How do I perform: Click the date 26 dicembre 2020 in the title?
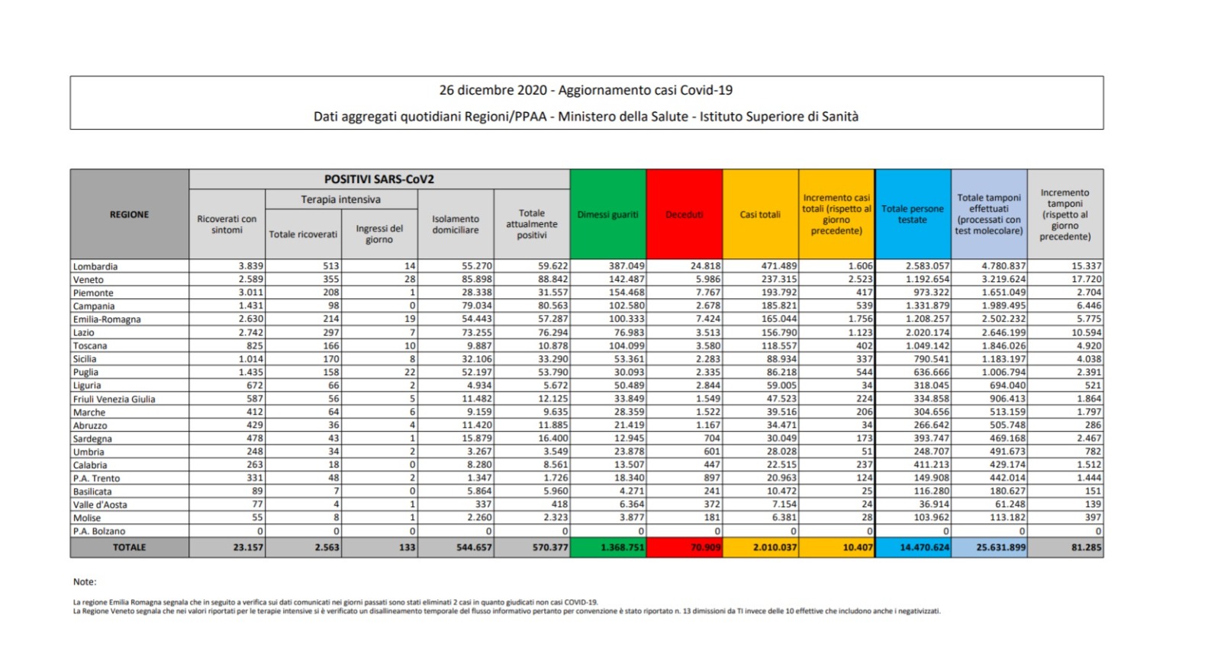pos(493,90)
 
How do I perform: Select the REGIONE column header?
pos(129,214)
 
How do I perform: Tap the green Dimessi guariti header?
pos(607,214)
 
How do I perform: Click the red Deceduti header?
pos(684,214)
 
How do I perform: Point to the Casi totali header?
pos(760,214)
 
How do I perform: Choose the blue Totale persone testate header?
pos(913,214)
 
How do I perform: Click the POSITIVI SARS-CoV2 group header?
pos(379,179)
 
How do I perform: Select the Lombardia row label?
pos(95,266)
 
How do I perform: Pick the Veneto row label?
pos(89,280)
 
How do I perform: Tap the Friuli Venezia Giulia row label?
pos(114,399)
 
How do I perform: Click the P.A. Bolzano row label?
pos(99,531)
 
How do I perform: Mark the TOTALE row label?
pos(129,547)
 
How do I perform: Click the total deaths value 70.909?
pos(705,547)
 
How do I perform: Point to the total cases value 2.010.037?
pos(775,547)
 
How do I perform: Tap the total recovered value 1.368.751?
pos(622,547)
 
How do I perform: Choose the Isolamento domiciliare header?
pos(456,224)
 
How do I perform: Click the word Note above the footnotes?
pos(85,582)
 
